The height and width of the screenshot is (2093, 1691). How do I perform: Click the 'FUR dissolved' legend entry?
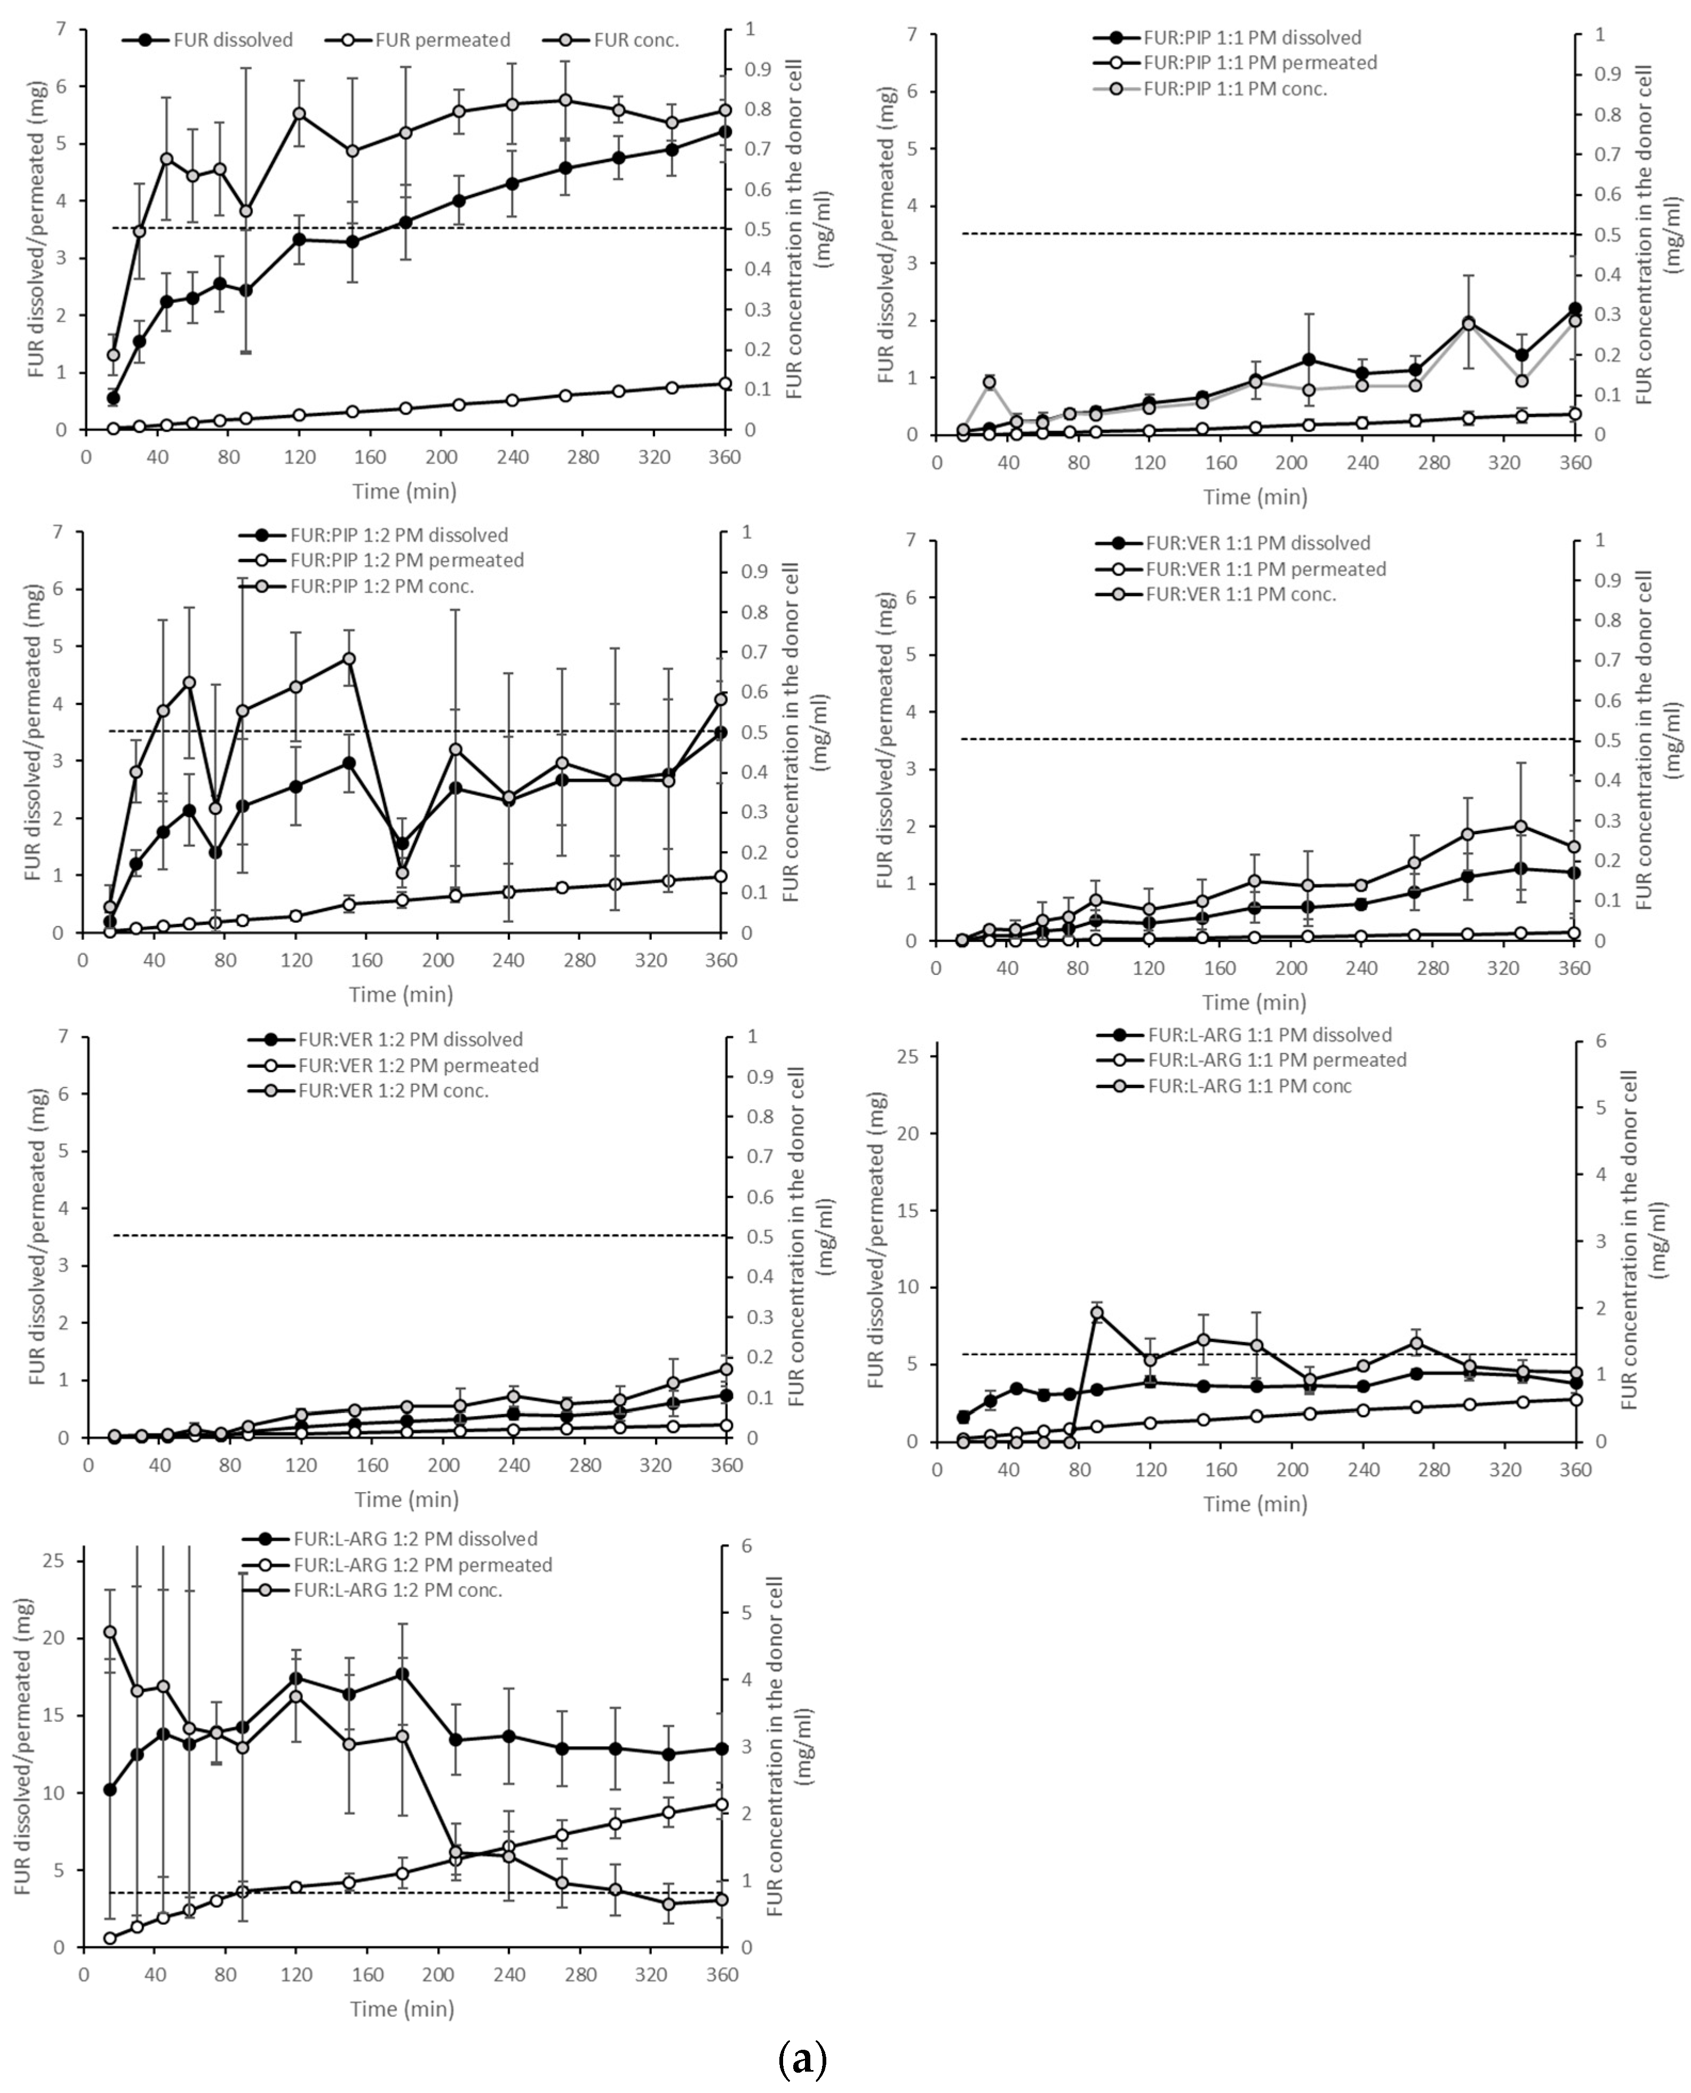[232, 40]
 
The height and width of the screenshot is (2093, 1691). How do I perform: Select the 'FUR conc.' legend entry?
[635, 40]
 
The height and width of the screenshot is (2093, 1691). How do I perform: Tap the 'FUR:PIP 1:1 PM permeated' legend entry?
[1259, 62]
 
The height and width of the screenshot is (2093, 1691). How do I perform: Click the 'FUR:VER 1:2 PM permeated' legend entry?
[417, 1065]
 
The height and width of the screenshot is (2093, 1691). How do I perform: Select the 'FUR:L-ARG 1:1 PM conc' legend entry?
[1249, 1085]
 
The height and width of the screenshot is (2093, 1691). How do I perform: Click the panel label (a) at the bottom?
[803, 2059]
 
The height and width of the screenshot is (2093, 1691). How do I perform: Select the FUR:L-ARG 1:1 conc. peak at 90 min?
[1097, 1312]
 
